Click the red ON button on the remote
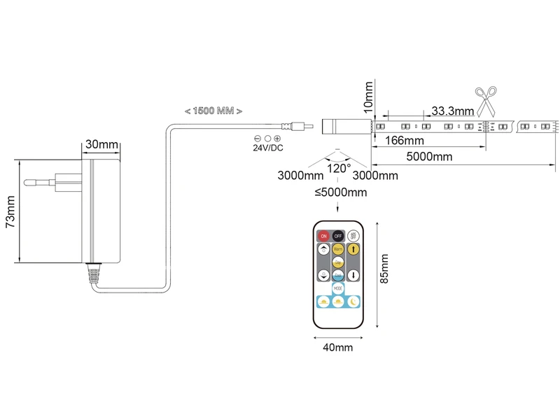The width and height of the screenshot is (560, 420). [323, 237]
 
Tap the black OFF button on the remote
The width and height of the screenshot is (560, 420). [339, 237]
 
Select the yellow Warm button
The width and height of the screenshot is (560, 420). [338, 248]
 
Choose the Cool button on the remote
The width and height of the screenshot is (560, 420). [338, 275]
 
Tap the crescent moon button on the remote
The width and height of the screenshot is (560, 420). [354, 302]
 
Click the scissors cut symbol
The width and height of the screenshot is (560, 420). [486, 100]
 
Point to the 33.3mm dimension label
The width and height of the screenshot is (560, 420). [452, 111]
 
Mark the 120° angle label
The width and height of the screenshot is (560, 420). [339, 169]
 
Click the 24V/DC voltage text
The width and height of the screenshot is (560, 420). [268, 148]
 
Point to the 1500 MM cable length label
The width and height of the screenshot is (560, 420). [213, 111]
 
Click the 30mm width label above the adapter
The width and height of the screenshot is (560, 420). [101, 145]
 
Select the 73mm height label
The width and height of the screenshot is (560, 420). [10, 212]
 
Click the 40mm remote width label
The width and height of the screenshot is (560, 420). [338, 346]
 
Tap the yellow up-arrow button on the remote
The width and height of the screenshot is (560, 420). [354, 248]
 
